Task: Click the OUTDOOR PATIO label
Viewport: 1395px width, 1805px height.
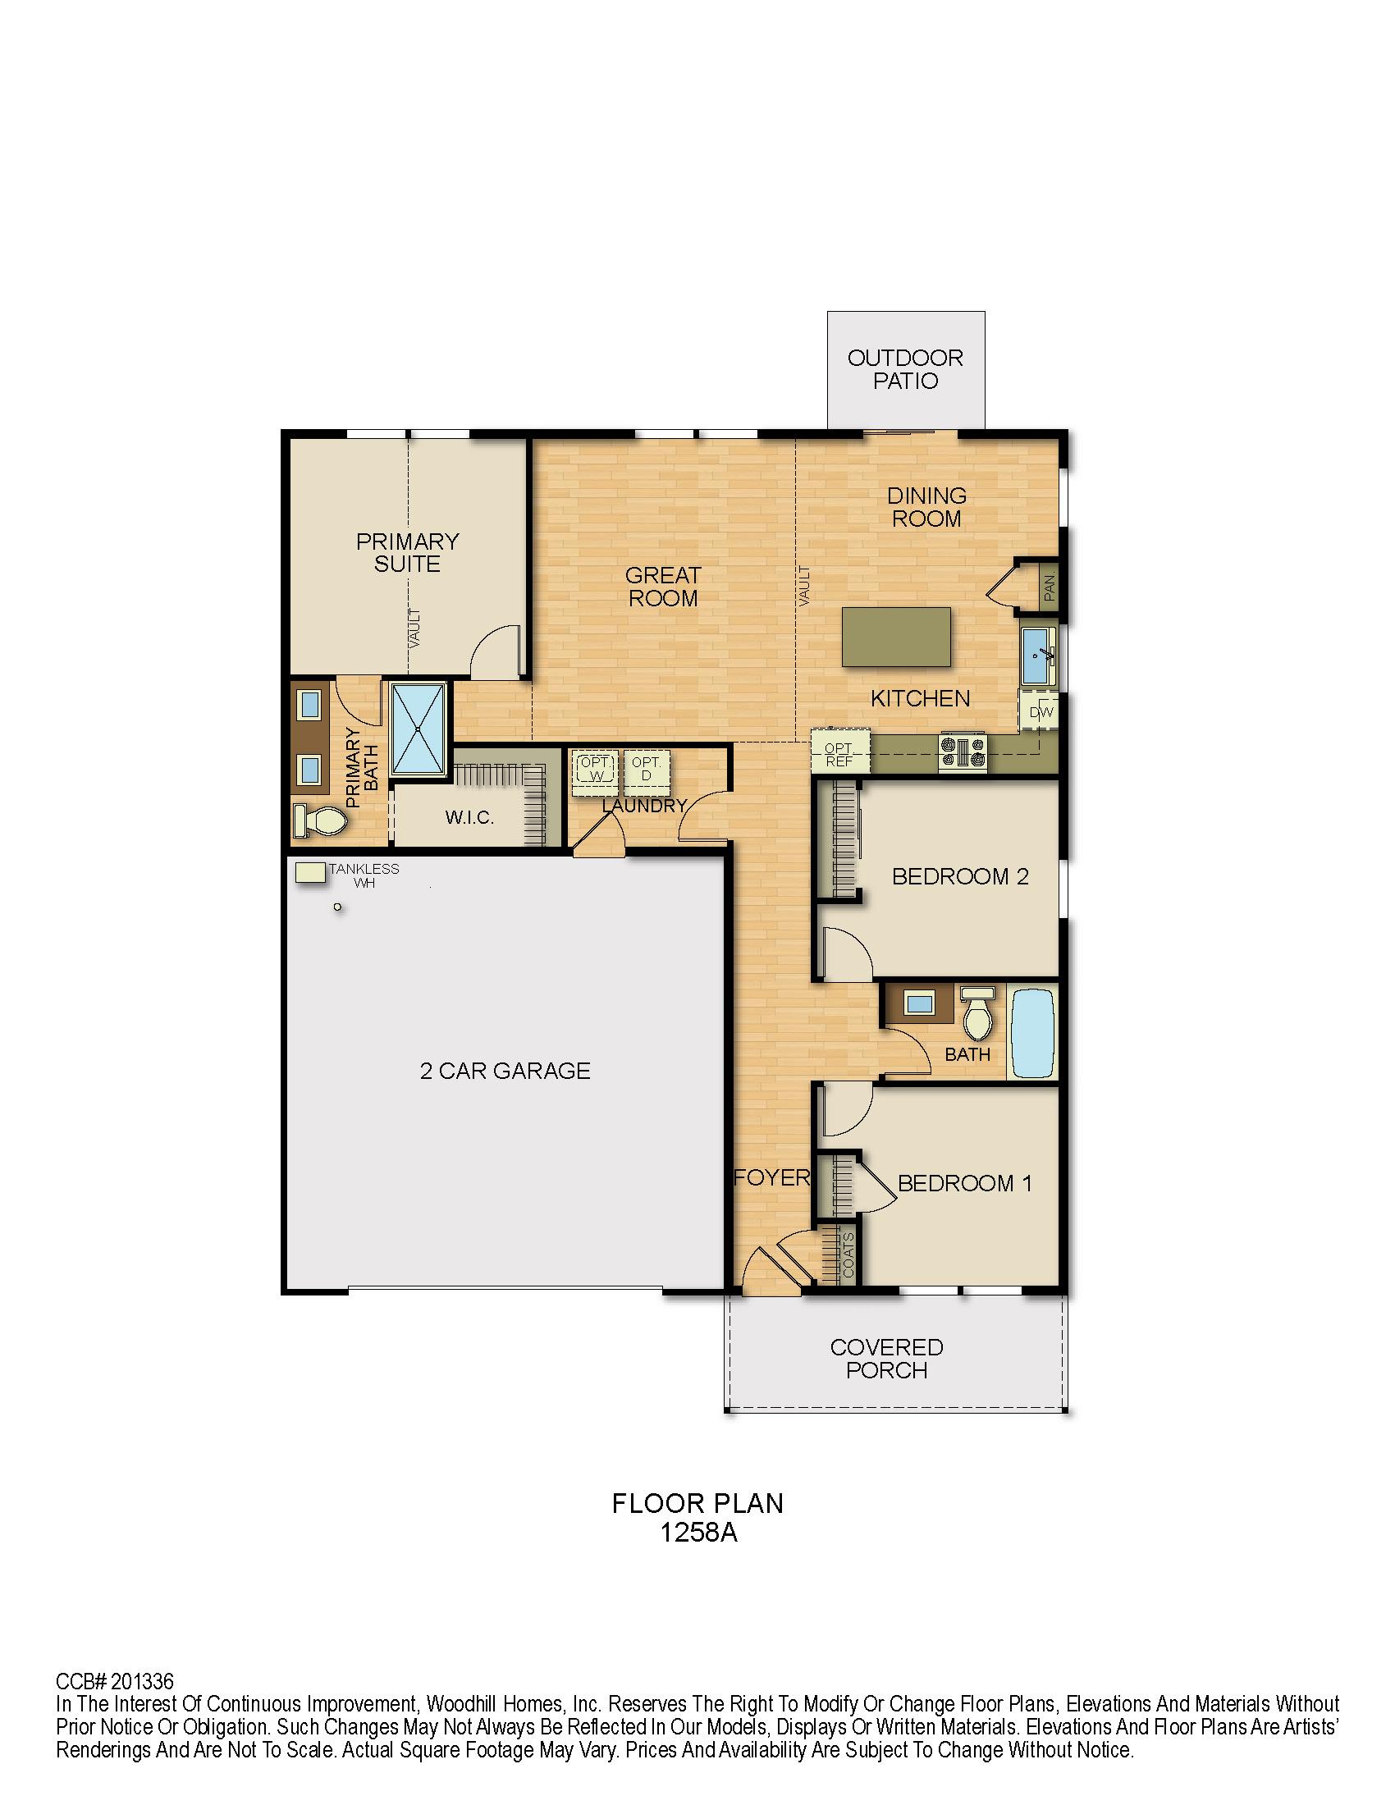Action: pos(905,369)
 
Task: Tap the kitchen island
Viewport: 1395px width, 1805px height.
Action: pos(896,637)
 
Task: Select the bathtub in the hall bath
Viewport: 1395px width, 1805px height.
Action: pos(1033,1032)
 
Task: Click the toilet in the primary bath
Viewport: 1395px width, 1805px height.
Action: pos(321,820)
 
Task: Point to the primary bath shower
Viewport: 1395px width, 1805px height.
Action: pos(418,729)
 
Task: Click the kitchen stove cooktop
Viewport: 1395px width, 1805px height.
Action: pos(963,752)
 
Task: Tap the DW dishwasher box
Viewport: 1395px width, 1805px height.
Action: pos(1040,711)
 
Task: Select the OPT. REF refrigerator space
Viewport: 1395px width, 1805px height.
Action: pos(840,751)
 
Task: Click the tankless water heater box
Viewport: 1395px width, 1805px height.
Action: pos(310,872)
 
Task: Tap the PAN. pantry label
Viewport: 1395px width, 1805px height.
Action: pos(1050,587)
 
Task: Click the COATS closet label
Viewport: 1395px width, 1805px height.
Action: pos(848,1255)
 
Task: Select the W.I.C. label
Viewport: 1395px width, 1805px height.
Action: pos(469,817)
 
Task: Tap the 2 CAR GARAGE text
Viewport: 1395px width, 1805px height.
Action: pos(505,1070)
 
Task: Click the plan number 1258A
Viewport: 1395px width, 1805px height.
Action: pos(698,1533)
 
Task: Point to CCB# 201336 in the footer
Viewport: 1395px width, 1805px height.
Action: pos(115,1682)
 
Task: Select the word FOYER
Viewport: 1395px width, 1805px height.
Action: pos(772,1177)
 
